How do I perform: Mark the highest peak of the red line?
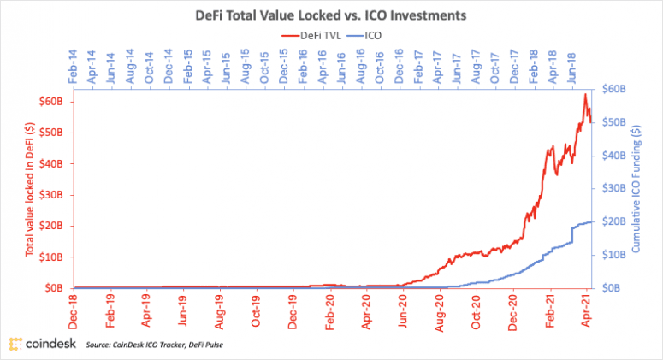click(585, 94)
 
